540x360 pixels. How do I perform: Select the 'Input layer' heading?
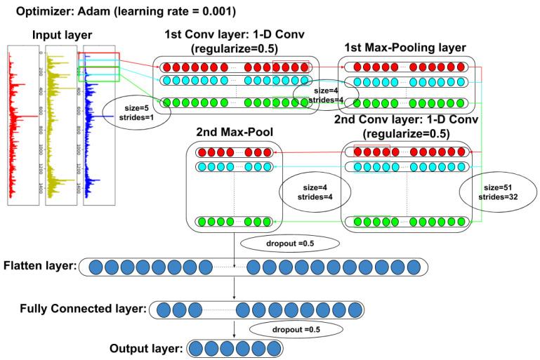tap(61, 36)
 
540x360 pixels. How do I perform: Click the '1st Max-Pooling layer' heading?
tap(406, 48)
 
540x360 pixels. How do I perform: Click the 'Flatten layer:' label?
tap(39, 267)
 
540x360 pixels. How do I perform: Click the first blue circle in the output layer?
tap(197, 349)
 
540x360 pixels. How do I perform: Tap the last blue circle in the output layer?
tap(273, 349)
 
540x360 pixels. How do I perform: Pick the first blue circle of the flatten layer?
tap(93, 267)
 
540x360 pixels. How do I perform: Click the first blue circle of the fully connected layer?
tap(162, 309)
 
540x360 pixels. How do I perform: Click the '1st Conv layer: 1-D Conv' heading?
tap(235, 35)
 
